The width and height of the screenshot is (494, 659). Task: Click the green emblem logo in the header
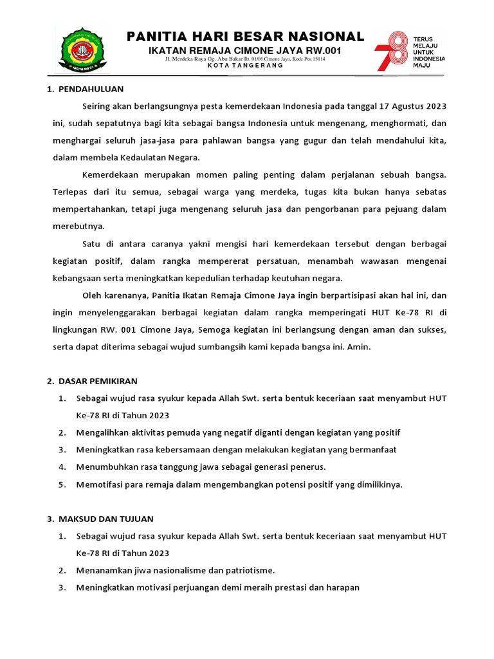(x=84, y=50)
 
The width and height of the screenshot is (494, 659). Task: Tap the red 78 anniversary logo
(x=391, y=51)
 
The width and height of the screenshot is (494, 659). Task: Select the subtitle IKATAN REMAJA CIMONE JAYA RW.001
(x=245, y=51)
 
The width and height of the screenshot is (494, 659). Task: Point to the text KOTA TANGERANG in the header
(x=245, y=65)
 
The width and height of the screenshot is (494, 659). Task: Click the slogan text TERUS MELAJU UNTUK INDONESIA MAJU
(x=429, y=51)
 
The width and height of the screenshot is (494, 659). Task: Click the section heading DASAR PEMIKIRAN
(x=98, y=381)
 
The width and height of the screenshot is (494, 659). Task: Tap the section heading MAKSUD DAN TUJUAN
(x=106, y=519)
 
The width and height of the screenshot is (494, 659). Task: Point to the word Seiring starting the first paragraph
(x=98, y=106)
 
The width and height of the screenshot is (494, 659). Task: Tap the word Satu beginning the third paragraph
(x=93, y=244)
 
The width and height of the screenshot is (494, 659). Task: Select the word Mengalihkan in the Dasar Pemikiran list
(x=102, y=432)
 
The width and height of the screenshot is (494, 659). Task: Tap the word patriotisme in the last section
(x=248, y=570)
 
